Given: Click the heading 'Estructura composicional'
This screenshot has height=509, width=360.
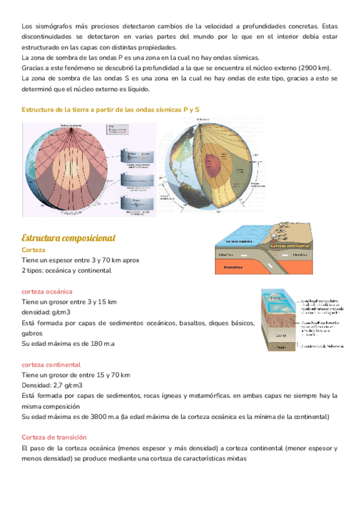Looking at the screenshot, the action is coord(68,238).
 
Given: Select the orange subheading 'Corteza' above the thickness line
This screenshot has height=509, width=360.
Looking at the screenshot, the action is coord(34,250).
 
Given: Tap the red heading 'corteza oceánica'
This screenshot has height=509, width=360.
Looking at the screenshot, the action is coord(47,291).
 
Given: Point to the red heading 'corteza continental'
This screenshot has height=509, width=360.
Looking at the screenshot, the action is coord(51,364).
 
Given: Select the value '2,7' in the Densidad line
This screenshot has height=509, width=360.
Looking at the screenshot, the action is coord(58,385).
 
